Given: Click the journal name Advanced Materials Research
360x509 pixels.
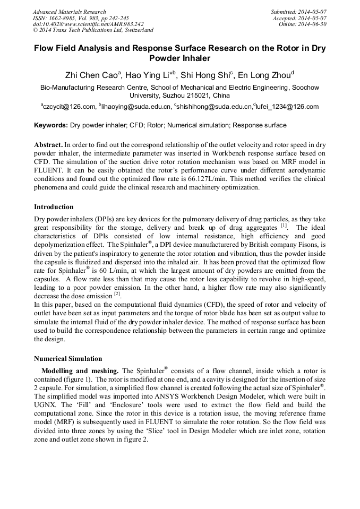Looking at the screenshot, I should click(69, 12).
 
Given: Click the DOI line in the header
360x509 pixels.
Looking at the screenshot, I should click(88, 24).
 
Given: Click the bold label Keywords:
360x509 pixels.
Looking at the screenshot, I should click(51, 125).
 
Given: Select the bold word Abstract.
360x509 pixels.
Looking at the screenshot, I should click(48, 144).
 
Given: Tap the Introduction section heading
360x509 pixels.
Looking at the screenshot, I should click(54, 206).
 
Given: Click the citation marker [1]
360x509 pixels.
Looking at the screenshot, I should click(284, 225).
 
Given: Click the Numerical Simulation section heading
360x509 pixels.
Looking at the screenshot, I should click(68, 358).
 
